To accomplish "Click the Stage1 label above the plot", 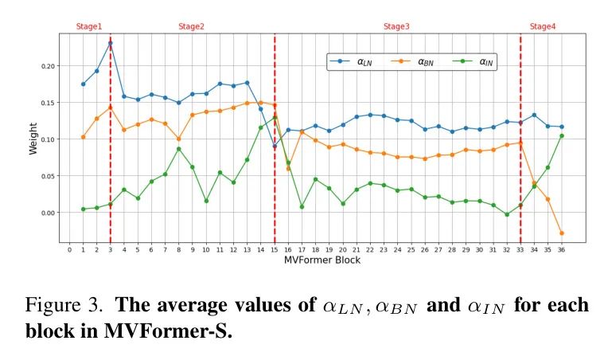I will tap(89, 26).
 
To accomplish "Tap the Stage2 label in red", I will tap(191, 26).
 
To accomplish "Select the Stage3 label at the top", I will tap(396, 26).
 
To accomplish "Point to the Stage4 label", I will tap(543, 26).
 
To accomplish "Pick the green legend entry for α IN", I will tap(474, 61).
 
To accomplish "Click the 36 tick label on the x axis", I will tap(561, 249).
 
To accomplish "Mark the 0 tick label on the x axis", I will tap(69, 249).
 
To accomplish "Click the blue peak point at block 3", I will tap(110, 43).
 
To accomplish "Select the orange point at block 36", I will tap(561, 233).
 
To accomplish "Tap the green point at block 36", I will tap(561, 135).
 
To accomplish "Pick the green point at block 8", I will tap(178, 149).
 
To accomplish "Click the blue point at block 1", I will tap(83, 84).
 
